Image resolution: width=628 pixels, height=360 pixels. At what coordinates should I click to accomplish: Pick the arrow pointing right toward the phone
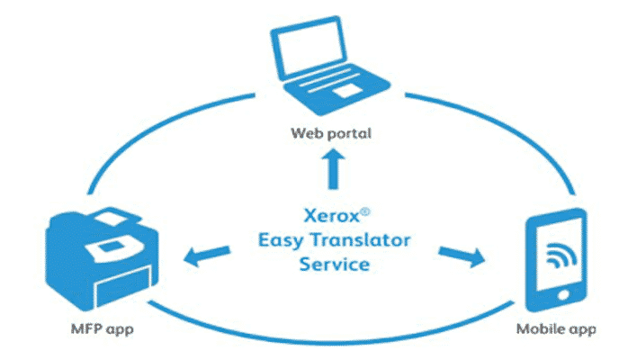[461, 256]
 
